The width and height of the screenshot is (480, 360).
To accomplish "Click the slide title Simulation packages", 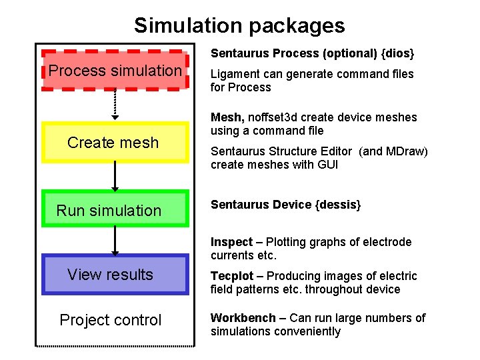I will pyautogui.click(x=239, y=25).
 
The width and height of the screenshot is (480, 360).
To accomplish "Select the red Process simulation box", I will pyautogui.click(x=115, y=71).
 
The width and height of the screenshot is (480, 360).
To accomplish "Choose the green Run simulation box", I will pyautogui.click(x=115, y=210).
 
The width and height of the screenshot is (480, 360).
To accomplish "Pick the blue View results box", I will pyautogui.click(x=115, y=275).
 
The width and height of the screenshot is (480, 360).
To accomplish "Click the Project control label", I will pyautogui.click(x=111, y=320).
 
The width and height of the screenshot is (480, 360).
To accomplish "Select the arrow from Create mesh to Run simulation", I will pyautogui.click(x=115, y=176).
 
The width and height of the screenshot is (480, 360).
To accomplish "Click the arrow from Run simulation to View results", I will pyautogui.click(x=115, y=241).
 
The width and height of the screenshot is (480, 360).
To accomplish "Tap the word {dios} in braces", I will pyautogui.click(x=401, y=53).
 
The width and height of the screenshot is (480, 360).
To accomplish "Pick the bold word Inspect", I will pyautogui.click(x=231, y=242).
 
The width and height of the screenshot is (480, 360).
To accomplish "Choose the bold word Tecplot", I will pyautogui.click(x=231, y=276).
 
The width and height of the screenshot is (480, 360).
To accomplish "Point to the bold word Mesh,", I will pyautogui.click(x=225, y=117).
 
